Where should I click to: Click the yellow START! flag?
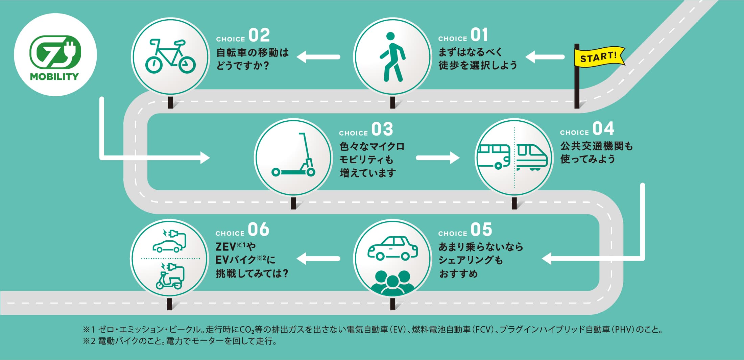598,57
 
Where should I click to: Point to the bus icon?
494,157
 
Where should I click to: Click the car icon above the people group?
392,248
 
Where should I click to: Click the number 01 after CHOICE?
479,35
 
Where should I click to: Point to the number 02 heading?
259,35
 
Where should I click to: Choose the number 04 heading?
603,128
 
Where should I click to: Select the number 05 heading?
481,230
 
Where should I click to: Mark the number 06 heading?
259,230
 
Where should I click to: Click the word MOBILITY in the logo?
54,77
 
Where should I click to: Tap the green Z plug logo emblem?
55,53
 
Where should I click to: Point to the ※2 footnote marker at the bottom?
89,341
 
